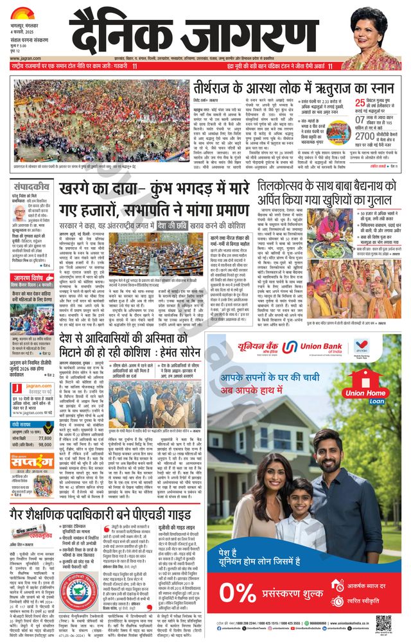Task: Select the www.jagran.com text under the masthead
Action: pyautogui.click(x=22, y=57)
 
